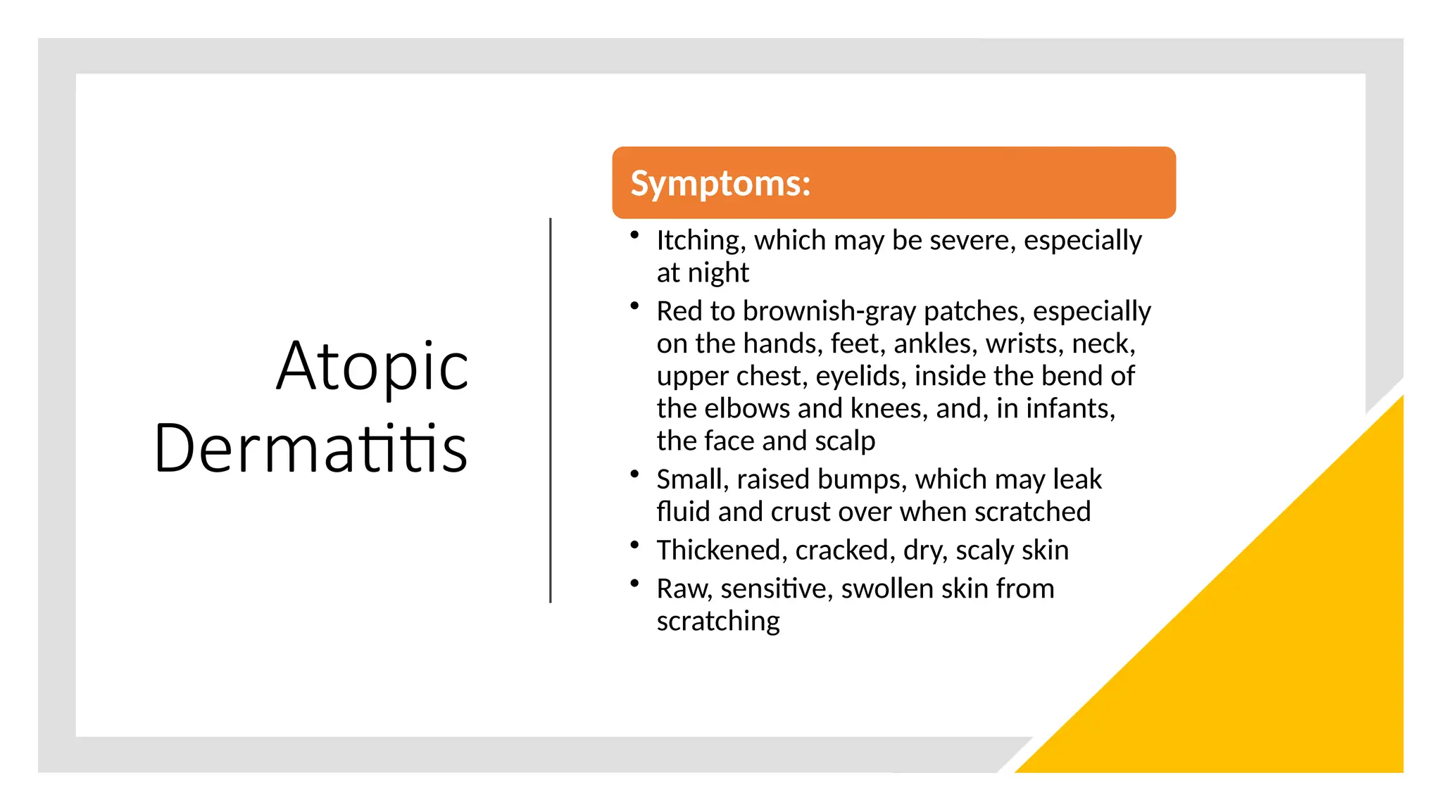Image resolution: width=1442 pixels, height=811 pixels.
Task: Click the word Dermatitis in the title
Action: [x=311, y=448]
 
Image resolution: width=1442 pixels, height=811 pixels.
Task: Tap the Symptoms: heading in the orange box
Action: [x=720, y=183]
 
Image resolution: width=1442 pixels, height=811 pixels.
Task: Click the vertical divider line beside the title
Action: [x=551, y=410]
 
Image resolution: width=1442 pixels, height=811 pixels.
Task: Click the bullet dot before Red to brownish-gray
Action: [x=634, y=306]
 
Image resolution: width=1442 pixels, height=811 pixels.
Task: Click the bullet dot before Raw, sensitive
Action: [x=634, y=583]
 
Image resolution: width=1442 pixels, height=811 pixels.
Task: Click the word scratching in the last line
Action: [x=717, y=622]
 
